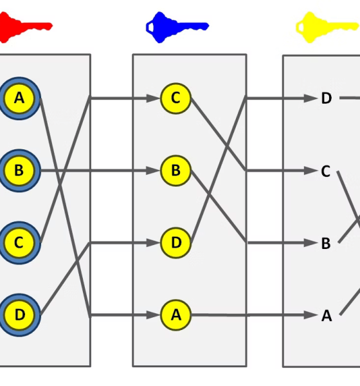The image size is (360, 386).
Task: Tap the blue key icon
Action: [177, 27]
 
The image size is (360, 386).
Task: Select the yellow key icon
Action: [327, 27]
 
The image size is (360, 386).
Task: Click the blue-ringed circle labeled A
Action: [19, 98]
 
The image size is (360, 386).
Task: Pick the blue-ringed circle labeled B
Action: [19, 170]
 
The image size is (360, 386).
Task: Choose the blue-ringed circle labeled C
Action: [19, 243]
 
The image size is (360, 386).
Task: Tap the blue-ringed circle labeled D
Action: [19, 315]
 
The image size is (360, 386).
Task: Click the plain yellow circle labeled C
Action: [175, 98]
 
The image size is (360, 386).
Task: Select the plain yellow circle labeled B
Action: [175, 170]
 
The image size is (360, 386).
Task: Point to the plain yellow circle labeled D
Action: [175, 243]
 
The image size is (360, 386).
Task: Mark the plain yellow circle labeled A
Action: [175, 315]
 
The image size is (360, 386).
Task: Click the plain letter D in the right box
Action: [327, 98]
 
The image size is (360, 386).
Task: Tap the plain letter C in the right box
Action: [326, 171]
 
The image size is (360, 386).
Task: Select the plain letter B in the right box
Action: [326, 243]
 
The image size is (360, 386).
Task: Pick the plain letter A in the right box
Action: [327, 316]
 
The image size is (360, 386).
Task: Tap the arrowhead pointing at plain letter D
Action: [310, 98]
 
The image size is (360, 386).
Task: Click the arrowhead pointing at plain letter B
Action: [310, 243]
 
